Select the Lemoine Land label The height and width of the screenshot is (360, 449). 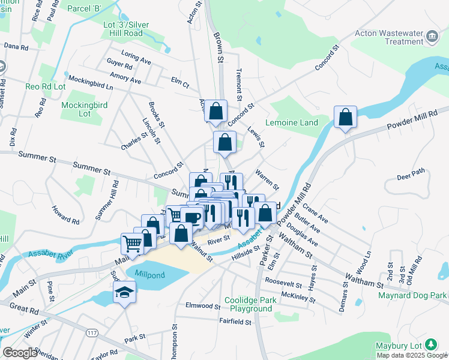pyautogui.click(x=303, y=122)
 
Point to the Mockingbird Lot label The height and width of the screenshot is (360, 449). pyautogui.click(x=85, y=109)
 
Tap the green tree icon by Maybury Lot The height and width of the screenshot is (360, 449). pyautogui.click(x=430, y=344)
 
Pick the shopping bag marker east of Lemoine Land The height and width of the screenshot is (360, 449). pyautogui.click(x=345, y=117)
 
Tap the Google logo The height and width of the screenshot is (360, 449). pyautogui.click(x=19, y=353)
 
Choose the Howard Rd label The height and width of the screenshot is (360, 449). pyautogui.click(x=65, y=216)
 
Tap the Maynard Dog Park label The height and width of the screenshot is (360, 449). pyautogui.click(x=412, y=295)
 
